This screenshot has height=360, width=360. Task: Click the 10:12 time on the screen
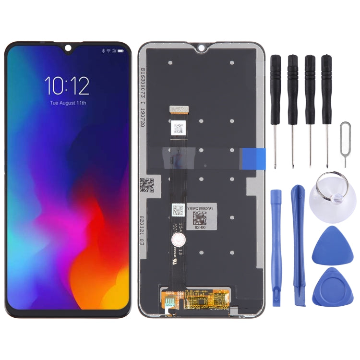(x=67, y=86)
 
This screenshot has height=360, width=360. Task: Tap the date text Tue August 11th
(x=67, y=103)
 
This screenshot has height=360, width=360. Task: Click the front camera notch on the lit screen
(x=67, y=48)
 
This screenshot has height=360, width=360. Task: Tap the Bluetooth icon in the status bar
(x=103, y=50)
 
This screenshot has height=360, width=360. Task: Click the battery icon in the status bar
(x=120, y=50)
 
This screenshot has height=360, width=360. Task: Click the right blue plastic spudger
(x=299, y=245)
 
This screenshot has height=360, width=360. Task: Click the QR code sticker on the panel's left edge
(x=147, y=184)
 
